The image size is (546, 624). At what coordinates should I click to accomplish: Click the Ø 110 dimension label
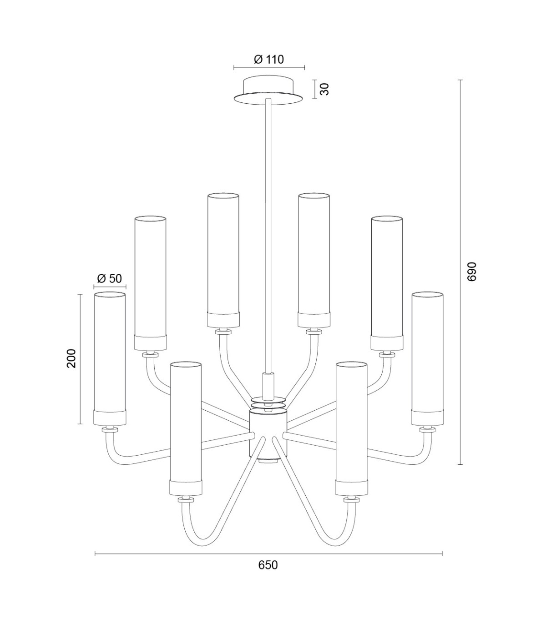tap(269, 60)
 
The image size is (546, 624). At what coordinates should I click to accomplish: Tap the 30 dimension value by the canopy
tap(325, 89)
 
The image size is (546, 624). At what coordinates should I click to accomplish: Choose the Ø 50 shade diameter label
tap(109, 278)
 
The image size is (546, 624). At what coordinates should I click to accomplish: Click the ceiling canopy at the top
tap(268, 91)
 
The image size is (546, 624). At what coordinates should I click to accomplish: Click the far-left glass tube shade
tap(110, 358)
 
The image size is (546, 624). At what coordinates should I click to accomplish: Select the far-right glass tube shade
tap(427, 358)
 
